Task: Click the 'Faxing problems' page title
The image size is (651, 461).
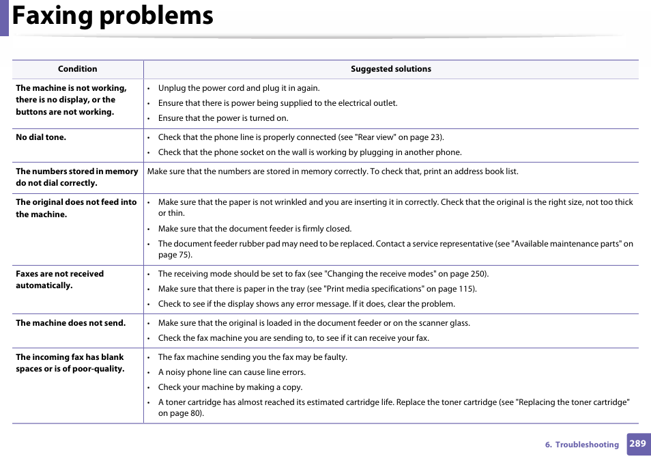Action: [x=113, y=16]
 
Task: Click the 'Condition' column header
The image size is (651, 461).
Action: [x=77, y=69]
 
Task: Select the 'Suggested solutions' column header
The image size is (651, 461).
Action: [x=390, y=69]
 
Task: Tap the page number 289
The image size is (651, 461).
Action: [x=637, y=444]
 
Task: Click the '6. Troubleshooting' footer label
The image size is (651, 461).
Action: [x=581, y=445]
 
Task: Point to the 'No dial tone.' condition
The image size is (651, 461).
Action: [x=41, y=137]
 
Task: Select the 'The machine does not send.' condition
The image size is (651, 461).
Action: [x=70, y=323]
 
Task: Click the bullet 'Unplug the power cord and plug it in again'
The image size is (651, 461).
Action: [x=239, y=88]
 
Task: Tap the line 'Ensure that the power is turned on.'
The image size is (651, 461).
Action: [x=223, y=118]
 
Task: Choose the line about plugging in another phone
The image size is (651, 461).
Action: [x=310, y=152]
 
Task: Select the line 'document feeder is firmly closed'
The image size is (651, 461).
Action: [x=255, y=229]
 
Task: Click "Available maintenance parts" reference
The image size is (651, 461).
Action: [x=566, y=244]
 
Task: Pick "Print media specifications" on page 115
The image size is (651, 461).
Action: [x=400, y=289]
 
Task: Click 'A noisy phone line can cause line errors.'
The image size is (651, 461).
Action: [x=231, y=372]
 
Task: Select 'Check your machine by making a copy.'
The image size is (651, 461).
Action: [x=230, y=387]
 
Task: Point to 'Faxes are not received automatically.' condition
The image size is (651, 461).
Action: [x=59, y=279]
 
